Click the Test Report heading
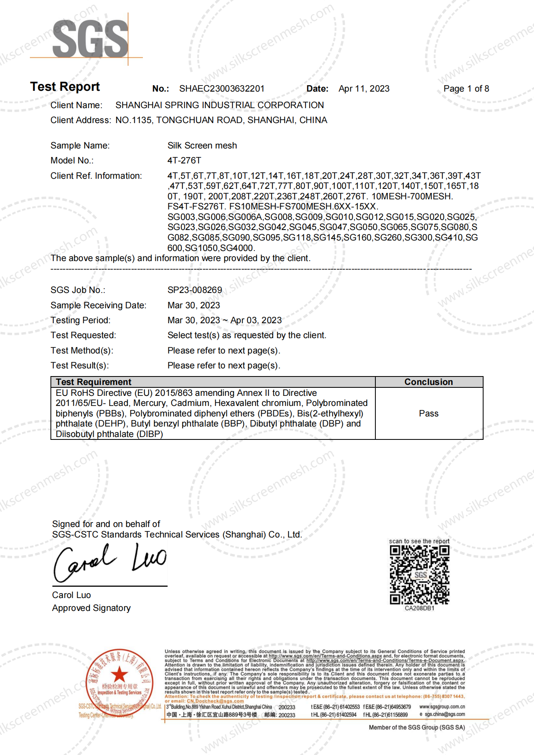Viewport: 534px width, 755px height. [x=65, y=87]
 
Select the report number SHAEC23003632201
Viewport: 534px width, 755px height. [x=222, y=89]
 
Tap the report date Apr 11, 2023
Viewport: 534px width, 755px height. [x=364, y=89]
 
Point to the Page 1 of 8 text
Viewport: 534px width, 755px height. [x=466, y=89]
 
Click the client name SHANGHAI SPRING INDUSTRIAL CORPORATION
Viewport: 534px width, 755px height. [x=220, y=105]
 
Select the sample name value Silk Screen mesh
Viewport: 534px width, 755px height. [x=202, y=146]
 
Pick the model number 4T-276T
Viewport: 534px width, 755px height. [x=184, y=161]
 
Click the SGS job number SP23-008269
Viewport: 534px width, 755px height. [x=195, y=290]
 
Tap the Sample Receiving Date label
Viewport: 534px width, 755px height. [x=98, y=305]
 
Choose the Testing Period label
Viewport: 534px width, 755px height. [x=80, y=320]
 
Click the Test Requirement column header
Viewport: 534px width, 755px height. [x=94, y=382]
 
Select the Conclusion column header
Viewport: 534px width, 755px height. [x=429, y=382]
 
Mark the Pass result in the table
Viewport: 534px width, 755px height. [x=429, y=414]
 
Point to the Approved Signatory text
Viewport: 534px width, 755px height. [x=91, y=608]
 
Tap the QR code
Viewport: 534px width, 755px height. [x=419, y=575]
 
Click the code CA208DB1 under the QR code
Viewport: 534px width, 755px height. [x=419, y=609]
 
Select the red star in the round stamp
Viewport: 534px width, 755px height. [x=119, y=674]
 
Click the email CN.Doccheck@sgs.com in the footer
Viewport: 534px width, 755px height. [x=215, y=701]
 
